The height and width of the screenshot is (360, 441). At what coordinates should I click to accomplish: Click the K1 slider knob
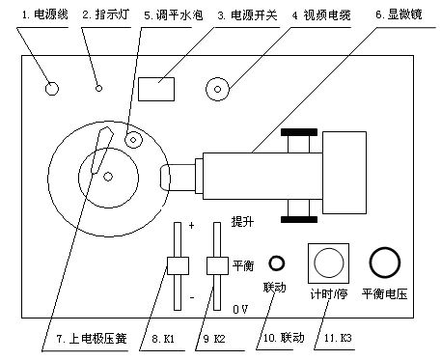178,265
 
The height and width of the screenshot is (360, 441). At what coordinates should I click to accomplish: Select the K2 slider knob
217,265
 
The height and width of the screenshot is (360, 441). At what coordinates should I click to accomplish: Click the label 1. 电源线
44,14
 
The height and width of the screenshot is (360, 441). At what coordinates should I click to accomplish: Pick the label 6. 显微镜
399,14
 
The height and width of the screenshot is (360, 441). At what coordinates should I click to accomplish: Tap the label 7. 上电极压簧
92,339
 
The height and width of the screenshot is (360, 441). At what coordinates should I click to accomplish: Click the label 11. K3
338,338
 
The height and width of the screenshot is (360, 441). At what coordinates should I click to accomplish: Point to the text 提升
242,221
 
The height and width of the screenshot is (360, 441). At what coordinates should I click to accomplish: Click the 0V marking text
240,309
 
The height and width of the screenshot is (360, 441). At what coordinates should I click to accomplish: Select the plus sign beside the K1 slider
191,225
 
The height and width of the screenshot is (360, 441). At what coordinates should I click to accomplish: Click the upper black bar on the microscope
299,132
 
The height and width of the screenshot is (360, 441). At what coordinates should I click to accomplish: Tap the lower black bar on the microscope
299,220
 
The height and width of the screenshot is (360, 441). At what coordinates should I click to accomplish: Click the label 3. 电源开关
248,15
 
